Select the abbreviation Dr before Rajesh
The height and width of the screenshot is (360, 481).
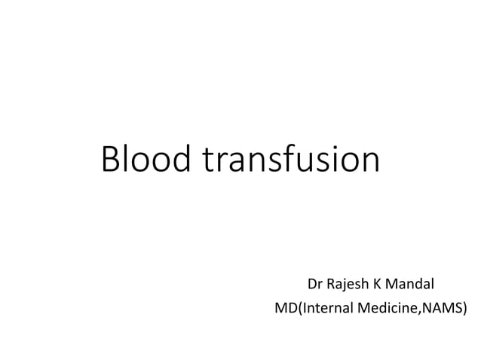pos(315,285)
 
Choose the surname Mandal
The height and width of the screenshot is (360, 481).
pos(411,285)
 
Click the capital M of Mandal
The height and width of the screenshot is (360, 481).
pos(394,285)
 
